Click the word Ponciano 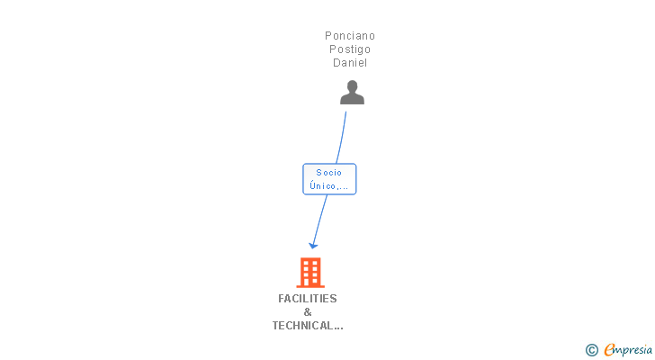(350, 36)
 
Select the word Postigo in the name (350, 49)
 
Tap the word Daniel (350, 63)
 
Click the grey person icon (352, 93)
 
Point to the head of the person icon (352, 86)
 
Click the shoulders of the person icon (352, 99)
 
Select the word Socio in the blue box (329, 173)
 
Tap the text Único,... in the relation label (329, 186)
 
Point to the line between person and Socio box (342, 135)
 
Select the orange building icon (310, 272)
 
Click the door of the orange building (310, 282)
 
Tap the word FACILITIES (308, 299)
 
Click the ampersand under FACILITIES (308, 312)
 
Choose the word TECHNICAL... (304, 326)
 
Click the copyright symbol (592, 350)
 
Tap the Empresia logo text (628, 350)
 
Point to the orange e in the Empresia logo (609, 350)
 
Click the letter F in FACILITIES (282, 299)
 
